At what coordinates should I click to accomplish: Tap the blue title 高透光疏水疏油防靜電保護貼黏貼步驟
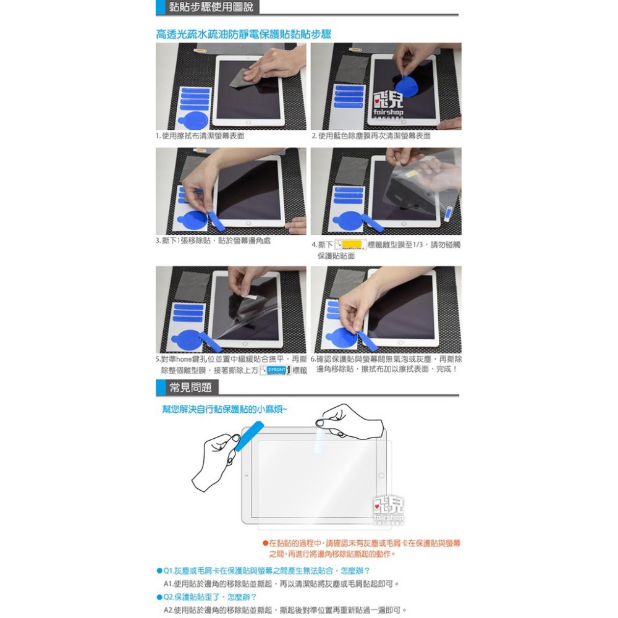click(x=243, y=34)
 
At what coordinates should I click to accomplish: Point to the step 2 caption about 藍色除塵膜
click(x=371, y=135)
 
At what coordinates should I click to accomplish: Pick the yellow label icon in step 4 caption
click(x=350, y=245)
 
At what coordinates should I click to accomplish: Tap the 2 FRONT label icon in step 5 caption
click(x=275, y=370)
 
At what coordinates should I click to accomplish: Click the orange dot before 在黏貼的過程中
click(x=265, y=543)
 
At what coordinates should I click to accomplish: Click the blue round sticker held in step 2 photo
click(x=407, y=85)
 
